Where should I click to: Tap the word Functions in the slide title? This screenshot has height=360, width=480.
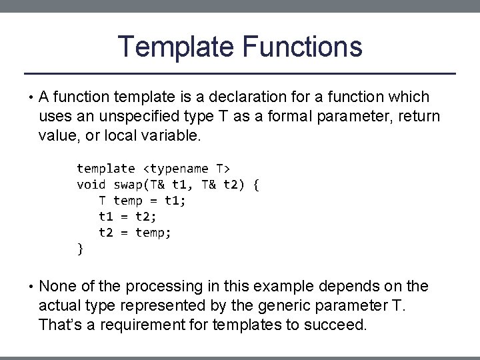pos(303,47)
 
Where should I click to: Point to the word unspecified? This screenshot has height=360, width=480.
pos(137,117)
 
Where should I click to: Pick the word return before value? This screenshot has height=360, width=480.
pos(417,117)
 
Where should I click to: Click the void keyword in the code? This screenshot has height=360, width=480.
pos(91,185)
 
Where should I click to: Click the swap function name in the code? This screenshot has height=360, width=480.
pos(128,185)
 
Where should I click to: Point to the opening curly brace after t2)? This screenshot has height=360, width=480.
pos(256,185)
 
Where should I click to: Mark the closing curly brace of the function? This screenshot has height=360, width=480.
pos(81,249)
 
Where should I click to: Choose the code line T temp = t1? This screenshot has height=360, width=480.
pos(143,201)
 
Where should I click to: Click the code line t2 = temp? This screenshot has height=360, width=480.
pos(135,233)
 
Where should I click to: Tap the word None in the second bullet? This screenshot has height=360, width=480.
pos(58,287)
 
